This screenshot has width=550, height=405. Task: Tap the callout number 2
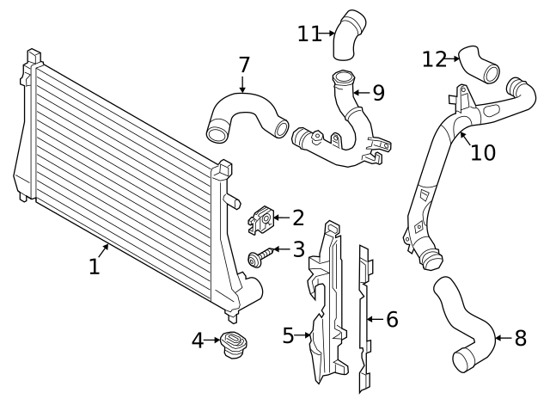pos(297,218)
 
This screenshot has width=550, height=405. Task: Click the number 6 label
pos(392,320)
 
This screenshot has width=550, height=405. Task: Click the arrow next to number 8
pos(501,338)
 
